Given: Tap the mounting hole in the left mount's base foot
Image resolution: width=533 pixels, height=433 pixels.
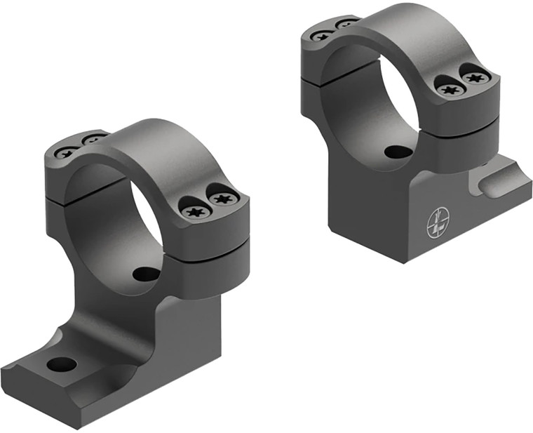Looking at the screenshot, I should pos(62,364).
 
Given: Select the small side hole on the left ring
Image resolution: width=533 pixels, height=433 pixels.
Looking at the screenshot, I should pos(147,274).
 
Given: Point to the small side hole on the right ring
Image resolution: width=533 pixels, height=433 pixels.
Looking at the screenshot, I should pos(398,151).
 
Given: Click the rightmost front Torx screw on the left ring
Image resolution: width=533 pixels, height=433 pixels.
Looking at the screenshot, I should pos(223,199).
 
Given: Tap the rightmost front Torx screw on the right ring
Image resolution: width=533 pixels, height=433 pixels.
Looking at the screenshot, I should pos(476,76).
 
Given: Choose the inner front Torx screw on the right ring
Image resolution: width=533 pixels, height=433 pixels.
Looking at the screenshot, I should pos(449,88).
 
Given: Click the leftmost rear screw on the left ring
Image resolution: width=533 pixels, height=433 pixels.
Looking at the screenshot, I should pos(67,152).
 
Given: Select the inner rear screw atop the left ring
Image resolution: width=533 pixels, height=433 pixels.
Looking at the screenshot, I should pos(93,140).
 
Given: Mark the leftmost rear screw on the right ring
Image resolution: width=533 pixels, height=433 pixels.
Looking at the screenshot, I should pos(322,35).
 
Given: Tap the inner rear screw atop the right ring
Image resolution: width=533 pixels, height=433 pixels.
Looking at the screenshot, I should pos(346,25).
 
